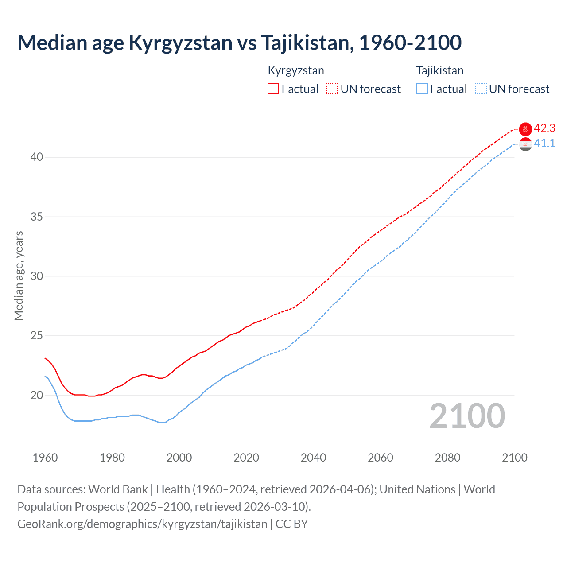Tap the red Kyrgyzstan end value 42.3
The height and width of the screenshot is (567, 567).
coord(544,128)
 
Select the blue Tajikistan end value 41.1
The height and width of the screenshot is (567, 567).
coord(544,143)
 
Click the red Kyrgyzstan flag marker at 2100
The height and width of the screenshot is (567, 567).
coord(525,129)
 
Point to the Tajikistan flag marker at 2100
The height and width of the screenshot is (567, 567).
coord(525,144)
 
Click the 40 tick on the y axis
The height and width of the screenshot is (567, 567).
coord(37,157)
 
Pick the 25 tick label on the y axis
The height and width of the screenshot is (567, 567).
coord(37,336)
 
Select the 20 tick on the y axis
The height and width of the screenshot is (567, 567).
coord(37,395)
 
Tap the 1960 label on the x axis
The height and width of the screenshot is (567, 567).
coord(45,458)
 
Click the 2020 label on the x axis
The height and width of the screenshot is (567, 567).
coord(246,458)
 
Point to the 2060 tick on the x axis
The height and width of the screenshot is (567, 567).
coord(381,458)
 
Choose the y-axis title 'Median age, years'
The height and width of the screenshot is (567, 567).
coord(19,276)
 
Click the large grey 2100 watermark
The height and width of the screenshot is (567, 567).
coord(467,416)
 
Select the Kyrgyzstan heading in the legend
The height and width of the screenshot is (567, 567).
coord(296,70)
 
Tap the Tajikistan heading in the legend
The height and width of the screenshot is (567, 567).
coord(440,70)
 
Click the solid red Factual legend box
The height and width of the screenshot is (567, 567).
coord(273,89)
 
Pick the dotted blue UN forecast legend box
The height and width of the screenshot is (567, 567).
coord(481,89)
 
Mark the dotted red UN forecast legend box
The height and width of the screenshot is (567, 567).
coord(332,89)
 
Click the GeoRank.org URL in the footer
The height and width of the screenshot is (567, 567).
coord(142,524)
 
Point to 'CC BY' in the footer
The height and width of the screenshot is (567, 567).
coord(291,524)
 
